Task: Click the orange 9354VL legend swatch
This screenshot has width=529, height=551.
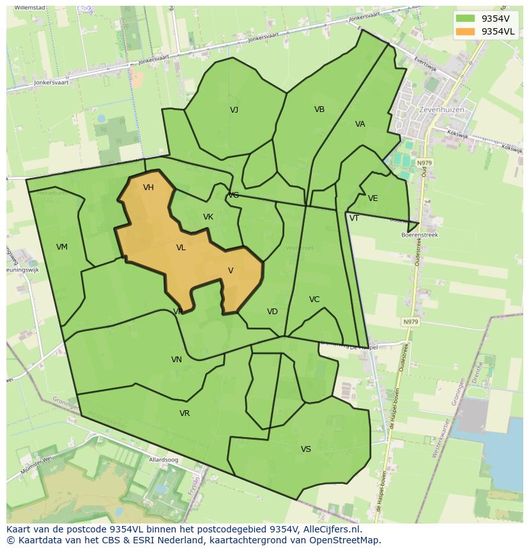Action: (x=466, y=31)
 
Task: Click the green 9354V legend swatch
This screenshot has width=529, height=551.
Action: (x=466, y=19)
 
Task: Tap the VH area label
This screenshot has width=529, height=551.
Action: (x=148, y=188)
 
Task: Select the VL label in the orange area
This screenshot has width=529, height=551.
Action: (x=181, y=248)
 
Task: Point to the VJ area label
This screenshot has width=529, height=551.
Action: (x=234, y=110)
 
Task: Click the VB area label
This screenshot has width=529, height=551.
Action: (x=319, y=109)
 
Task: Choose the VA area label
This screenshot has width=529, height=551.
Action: (x=360, y=124)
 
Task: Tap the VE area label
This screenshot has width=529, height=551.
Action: (x=373, y=198)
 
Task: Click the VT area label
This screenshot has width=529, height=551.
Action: (x=354, y=218)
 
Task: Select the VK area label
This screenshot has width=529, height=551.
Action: (x=208, y=217)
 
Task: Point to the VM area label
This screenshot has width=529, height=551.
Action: (x=62, y=247)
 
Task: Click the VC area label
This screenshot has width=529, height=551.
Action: (x=314, y=299)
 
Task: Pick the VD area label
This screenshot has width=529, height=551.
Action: (x=273, y=312)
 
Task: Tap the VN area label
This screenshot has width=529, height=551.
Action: (x=177, y=360)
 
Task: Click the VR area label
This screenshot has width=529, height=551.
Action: (x=185, y=413)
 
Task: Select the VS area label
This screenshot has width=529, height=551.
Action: (x=306, y=449)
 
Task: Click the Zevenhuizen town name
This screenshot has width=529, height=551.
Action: (x=441, y=110)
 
